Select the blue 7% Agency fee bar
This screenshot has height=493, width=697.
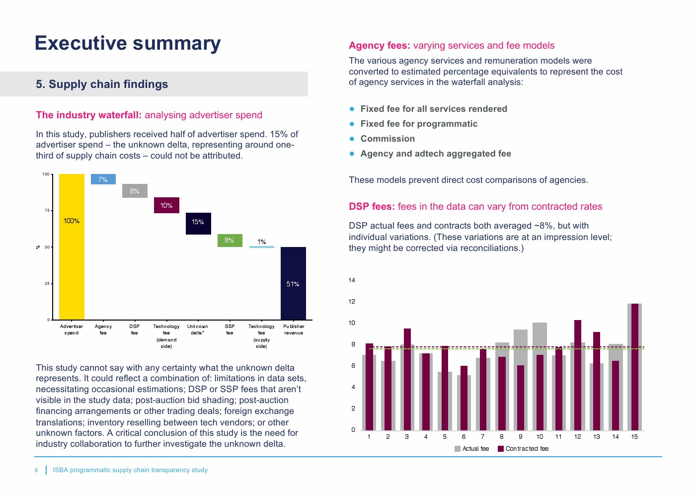103,179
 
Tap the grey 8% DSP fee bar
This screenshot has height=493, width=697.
135,191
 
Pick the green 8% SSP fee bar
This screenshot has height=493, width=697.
230,241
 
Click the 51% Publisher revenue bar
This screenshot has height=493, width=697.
293,283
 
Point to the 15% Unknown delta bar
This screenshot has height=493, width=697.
198,223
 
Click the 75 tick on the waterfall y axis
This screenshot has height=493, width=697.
47,211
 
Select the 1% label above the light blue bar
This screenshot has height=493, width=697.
261,242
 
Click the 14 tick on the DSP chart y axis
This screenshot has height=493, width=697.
352,280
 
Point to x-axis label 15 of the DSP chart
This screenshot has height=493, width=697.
634,437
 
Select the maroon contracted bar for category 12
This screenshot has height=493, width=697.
577,375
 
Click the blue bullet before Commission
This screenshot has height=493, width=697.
352,139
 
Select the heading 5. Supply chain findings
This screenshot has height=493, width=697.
102,84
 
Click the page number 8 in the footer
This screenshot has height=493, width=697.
36,470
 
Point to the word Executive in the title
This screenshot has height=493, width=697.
81,43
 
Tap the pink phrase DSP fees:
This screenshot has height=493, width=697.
371,207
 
